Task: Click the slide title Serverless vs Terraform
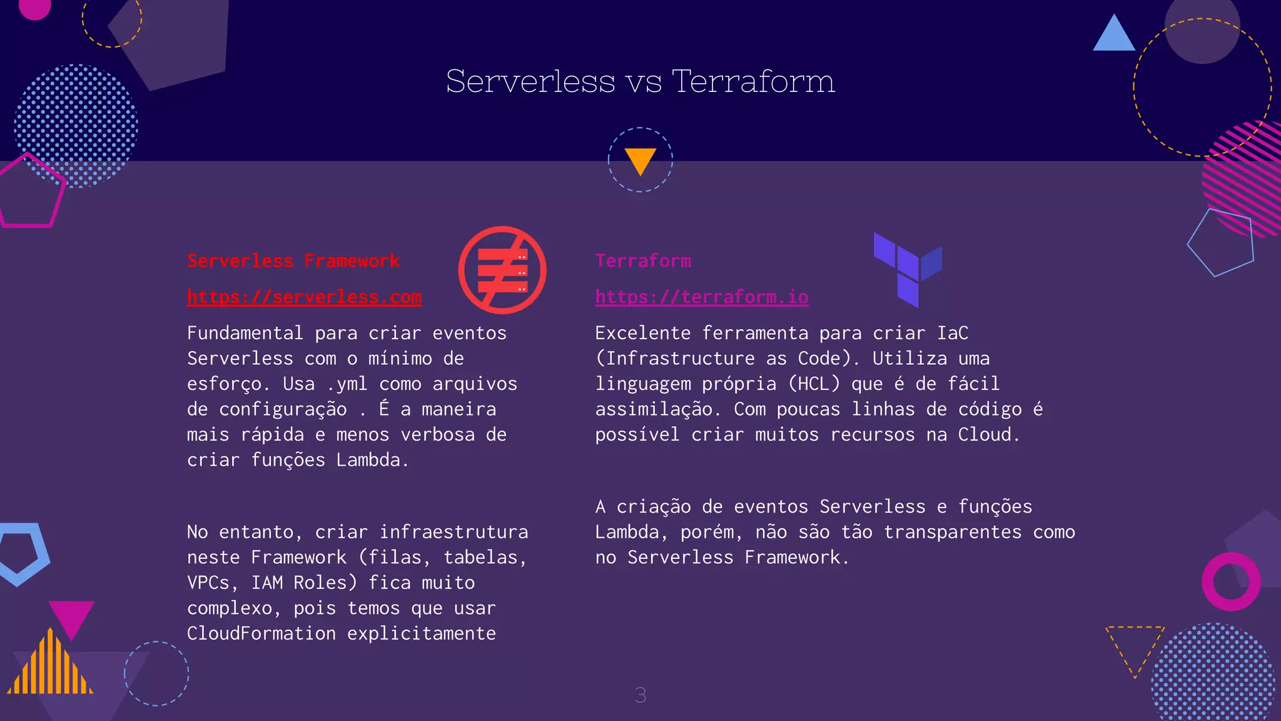(640, 81)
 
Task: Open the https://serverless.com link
(304, 297)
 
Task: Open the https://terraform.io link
(701, 297)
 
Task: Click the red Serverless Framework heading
(293, 261)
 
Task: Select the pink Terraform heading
(643, 261)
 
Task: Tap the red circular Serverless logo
(502, 270)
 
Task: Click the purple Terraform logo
(908, 269)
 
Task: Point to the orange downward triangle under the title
(640, 160)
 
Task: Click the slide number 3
(640, 695)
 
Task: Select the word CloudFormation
(261, 633)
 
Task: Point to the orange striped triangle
(50, 667)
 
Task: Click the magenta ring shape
(1230, 581)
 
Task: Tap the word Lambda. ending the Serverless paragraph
(372, 460)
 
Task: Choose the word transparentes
(952, 532)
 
